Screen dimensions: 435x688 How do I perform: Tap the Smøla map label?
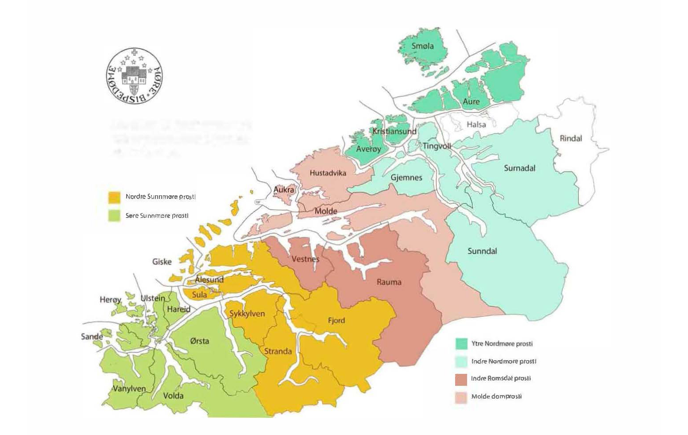pyautogui.click(x=422, y=46)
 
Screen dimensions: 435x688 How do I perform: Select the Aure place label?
pyautogui.click(x=471, y=101)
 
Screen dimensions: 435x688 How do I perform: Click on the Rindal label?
pyautogui.click(x=571, y=138)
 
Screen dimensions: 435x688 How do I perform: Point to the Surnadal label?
pyautogui.click(x=519, y=168)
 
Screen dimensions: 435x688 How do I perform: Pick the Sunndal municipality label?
pyautogui.click(x=482, y=251)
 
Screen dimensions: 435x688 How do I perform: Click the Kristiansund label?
pyautogui.click(x=394, y=132)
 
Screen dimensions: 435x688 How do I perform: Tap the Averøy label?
pyautogui.click(x=368, y=149)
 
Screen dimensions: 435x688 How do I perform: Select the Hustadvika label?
pyautogui.click(x=328, y=173)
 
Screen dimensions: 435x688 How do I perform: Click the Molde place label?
pyautogui.click(x=325, y=211)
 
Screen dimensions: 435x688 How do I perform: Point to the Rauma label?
pyautogui.click(x=389, y=282)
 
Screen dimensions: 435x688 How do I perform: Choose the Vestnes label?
pyautogui.click(x=305, y=259)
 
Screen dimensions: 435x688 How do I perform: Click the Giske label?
pyautogui.click(x=162, y=262)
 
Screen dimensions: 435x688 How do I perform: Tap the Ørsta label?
pyautogui.click(x=199, y=341)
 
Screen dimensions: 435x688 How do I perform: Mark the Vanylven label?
pyautogui.click(x=129, y=389)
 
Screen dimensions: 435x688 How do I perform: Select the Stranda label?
pyautogui.click(x=278, y=351)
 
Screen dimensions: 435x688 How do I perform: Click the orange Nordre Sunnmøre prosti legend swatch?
pyautogui.click(x=115, y=197)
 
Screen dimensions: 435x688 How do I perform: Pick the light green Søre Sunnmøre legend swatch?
pyautogui.click(x=115, y=216)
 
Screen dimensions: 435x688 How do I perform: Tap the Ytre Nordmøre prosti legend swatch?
pyautogui.click(x=461, y=344)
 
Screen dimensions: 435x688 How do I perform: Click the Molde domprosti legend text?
pyautogui.click(x=496, y=396)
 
